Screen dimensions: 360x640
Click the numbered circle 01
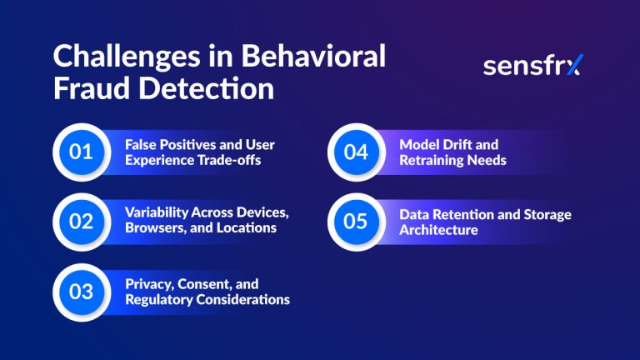81,152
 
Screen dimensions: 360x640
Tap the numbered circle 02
81,221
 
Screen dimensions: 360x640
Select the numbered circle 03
81,292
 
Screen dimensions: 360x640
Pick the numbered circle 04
357,152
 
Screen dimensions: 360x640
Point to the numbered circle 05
357,221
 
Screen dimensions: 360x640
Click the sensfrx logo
533,66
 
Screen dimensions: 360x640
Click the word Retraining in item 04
430,160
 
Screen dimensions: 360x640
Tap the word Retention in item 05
459,214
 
